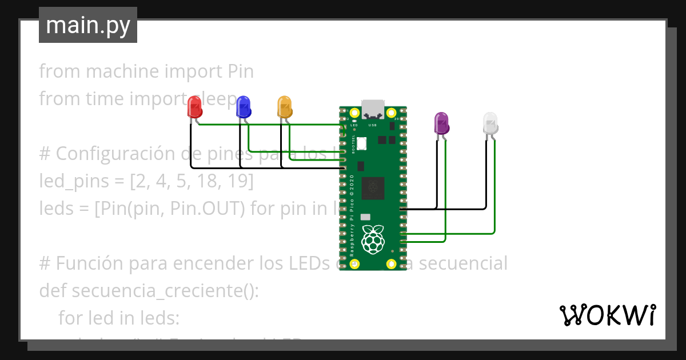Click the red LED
click(194, 107)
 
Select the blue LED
click(244, 107)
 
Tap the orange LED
click(284, 107)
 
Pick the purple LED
click(441, 123)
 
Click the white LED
click(490, 123)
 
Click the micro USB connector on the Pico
click(373, 108)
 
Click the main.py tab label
click(88, 25)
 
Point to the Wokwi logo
click(607, 315)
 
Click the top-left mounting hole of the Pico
click(354, 113)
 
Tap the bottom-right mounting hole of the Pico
click(392, 264)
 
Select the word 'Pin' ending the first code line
click(241, 71)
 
